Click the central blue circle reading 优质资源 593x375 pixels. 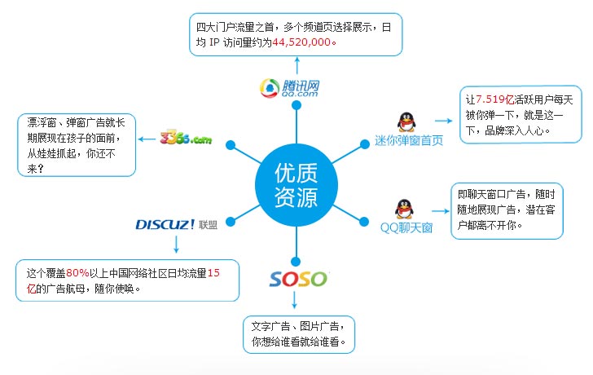pos(296,185)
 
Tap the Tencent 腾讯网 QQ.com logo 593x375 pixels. pos(290,88)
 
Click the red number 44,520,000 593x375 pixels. pos(301,42)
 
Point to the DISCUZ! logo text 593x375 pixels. pos(165,224)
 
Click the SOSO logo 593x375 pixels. pos(298,280)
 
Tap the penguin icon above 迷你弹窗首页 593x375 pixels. pos(406,121)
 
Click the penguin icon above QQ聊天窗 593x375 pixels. pos(404,209)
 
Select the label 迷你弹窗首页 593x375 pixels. pos(409,141)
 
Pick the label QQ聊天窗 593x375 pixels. pos(406,227)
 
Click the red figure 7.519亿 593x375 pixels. pos(494,99)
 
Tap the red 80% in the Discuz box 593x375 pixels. pos(77,273)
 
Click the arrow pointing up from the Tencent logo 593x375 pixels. pos(297,65)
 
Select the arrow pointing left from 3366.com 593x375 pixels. pos(147,139)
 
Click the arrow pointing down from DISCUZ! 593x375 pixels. pos(176,244)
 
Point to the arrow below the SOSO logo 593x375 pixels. pos(295,300)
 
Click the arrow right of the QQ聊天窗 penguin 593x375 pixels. pos(440,211)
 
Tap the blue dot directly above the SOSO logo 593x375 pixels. pos(296,262)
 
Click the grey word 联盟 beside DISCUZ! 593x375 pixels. pos(208,225)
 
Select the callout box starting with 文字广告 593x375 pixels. pos(299,334)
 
